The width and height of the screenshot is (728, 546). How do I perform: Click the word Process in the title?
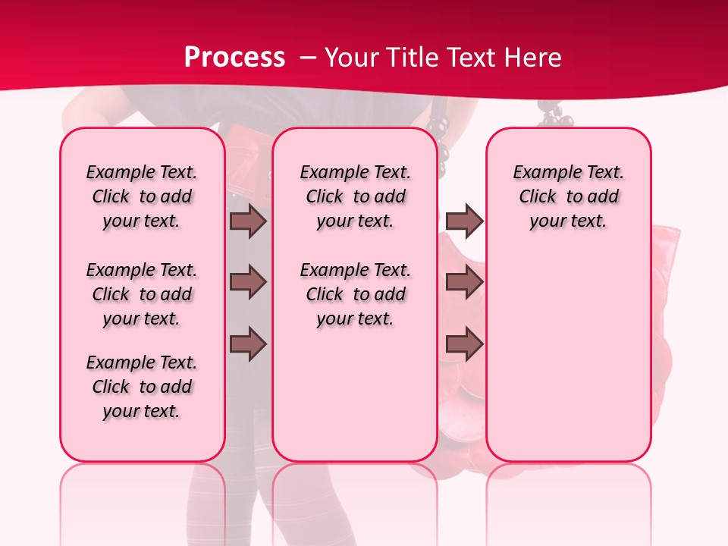coord(234,58)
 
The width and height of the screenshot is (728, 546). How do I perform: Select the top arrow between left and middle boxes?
coord(248,221)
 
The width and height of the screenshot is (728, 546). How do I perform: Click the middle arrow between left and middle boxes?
coord(248,283)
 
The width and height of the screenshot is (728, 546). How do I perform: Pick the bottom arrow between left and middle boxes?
coord(248,344)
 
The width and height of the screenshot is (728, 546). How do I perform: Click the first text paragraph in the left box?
coord(142,196)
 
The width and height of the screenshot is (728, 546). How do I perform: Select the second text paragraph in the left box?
coord(142,294)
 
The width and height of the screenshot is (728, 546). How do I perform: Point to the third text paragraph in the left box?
coord(142,387)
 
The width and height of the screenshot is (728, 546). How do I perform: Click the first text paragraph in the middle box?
coord(355,196)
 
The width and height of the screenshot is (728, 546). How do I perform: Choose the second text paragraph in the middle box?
coord(355,294)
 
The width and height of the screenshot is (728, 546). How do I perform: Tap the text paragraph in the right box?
coord(568,196)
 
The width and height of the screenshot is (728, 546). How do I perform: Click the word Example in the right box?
coord(541,173)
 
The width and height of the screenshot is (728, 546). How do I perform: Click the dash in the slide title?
coord(308,58)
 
